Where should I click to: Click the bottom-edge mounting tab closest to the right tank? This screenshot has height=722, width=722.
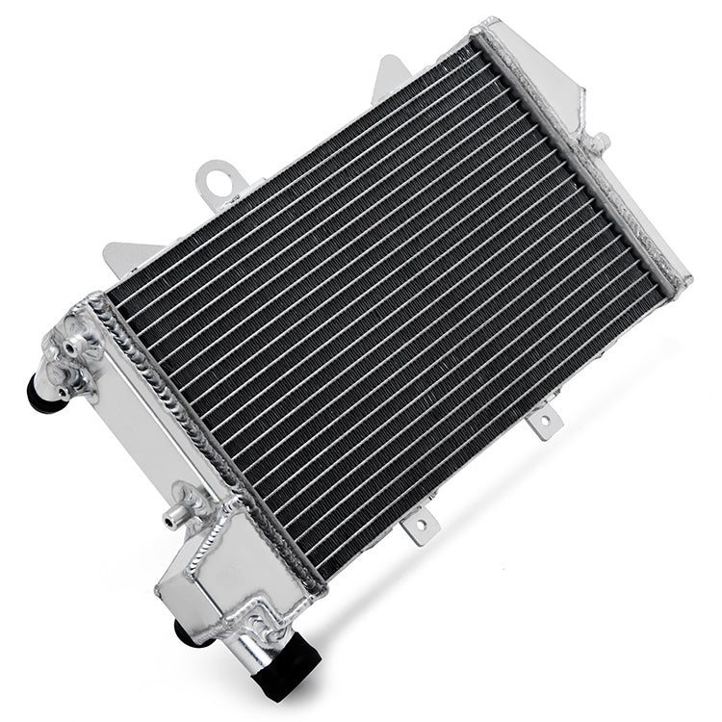point(544,422)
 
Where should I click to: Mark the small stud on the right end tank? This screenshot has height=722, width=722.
point(600,144)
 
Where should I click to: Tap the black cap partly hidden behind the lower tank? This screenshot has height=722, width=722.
point(182,630)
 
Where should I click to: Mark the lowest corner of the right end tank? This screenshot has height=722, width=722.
point(685,280)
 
